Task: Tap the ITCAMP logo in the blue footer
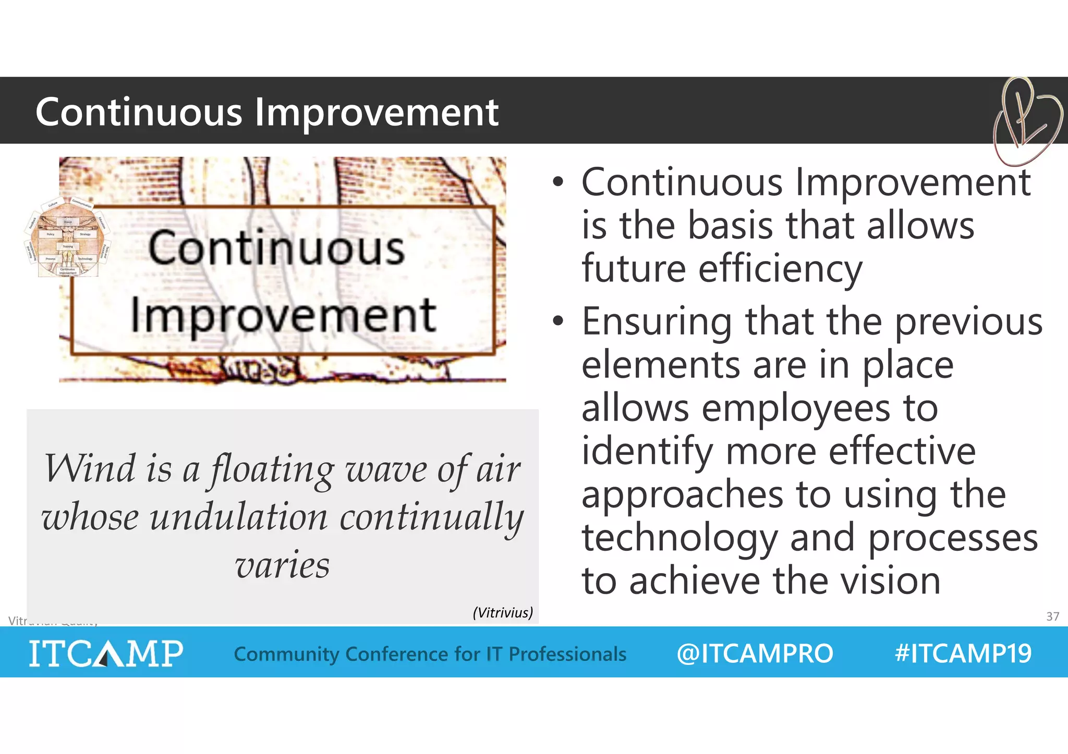(106, 653)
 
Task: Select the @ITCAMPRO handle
(754, 653)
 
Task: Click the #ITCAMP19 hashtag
(963, 653)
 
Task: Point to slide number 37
(1052, 616)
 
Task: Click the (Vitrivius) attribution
(503, 612)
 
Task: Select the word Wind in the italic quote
(89, 468)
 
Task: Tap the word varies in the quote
(282, 565)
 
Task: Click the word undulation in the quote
(238, 517)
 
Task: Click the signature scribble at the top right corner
(1026, 121)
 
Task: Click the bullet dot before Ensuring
(558, 321)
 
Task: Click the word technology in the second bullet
(680, 538)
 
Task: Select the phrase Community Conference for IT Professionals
(430, 654)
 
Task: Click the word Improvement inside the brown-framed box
(283, 316)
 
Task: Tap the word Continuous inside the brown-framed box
(276, 248)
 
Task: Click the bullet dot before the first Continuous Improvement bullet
(558, 182)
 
